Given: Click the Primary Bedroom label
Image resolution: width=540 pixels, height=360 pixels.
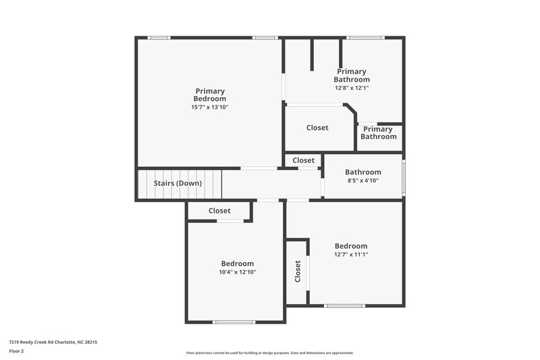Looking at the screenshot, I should click(210, 95).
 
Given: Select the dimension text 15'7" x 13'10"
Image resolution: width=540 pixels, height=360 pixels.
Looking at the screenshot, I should click(210, 107).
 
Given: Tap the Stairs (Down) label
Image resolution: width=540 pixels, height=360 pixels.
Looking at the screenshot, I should click(178, 183).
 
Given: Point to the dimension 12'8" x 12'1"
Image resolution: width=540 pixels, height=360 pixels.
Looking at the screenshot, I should click(352, 88).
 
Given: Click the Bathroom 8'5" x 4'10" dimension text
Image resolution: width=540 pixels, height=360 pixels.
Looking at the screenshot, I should click(363, 180).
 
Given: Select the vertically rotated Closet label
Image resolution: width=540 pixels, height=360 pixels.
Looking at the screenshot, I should click(298, 272).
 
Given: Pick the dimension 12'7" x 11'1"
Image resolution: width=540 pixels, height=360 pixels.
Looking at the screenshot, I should click(351, 255).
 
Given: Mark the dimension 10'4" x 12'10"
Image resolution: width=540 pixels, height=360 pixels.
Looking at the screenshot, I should click(238, 272).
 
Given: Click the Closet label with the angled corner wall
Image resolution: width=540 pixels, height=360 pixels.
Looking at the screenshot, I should click(317, 128).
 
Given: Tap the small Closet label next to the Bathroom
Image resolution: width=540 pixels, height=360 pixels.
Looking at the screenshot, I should click(304, 161).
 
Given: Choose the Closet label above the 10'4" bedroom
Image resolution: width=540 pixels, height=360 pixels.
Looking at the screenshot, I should click(219, 211).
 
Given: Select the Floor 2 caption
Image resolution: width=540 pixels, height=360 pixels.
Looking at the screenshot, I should click(16, 351).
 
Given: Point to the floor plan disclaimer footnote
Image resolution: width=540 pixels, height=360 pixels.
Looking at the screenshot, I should click(269, 353).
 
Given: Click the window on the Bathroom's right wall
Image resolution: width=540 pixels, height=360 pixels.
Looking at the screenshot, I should click(404, 177).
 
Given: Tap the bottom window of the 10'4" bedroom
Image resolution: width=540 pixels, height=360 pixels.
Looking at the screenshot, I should click(234, 322).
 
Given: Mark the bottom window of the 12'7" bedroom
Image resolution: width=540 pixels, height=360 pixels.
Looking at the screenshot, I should click(344, 306).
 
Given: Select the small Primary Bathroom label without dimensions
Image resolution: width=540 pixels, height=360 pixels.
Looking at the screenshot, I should click(378, 133).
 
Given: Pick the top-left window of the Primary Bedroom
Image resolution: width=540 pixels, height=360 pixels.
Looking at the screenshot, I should click(159, 37).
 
